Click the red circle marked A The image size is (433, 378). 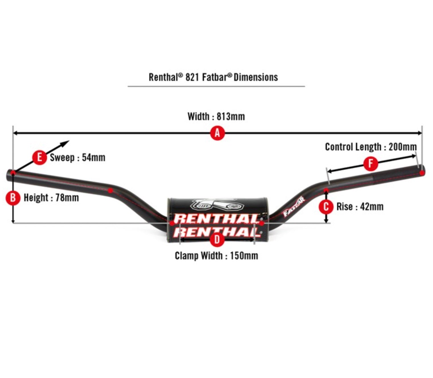[217, 133]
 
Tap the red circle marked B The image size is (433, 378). [13, 198]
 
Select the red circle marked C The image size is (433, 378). [326, 207]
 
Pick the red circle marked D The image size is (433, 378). [217, 240]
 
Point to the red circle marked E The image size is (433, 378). [39, 157]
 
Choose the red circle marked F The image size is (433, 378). [371, 164]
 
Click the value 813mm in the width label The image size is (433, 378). [230, 116]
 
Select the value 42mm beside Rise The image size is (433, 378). [372, 207]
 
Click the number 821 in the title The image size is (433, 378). [192, 77]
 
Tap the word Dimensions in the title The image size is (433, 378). [255, 77]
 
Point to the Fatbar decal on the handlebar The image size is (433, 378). [294, 207]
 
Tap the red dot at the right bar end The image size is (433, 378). [422, 172]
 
